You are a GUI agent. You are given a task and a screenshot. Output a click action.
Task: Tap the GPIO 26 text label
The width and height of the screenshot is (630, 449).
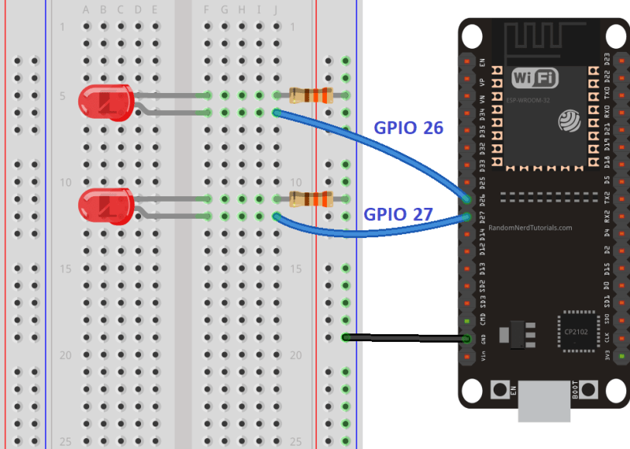coord(408,128)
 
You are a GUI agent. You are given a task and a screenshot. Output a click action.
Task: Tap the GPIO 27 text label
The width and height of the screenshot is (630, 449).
coord(398,213)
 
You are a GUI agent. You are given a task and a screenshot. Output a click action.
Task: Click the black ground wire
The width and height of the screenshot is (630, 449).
coord(403,338)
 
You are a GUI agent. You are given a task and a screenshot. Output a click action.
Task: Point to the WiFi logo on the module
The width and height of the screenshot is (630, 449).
coord(534,78)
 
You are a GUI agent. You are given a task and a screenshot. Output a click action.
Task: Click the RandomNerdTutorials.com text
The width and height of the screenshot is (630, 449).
coord(530,228)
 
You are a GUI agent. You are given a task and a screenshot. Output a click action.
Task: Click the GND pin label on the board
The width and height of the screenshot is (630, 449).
coord(482,339)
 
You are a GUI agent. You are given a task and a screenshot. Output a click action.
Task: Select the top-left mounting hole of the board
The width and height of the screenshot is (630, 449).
coord(471,36)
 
